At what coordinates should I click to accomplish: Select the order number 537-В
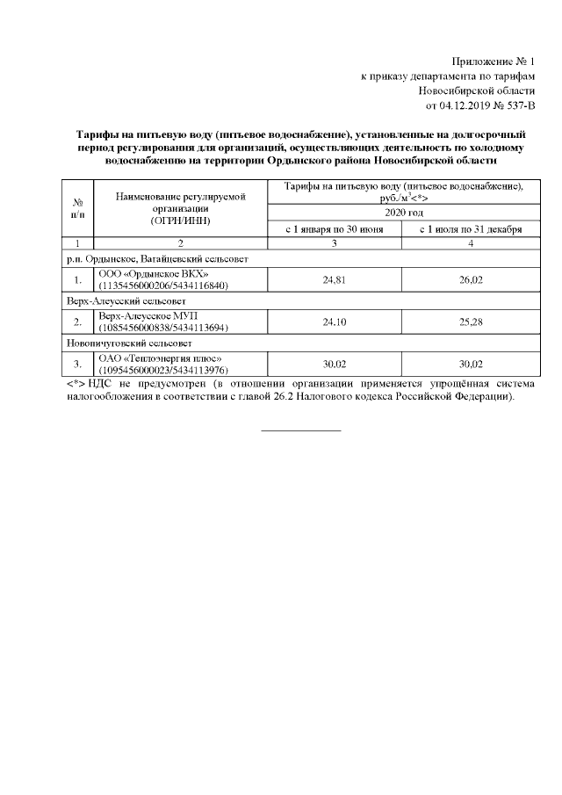[515, 106]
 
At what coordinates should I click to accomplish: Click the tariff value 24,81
[334, 280]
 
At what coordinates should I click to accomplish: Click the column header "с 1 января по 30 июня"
[334, 229]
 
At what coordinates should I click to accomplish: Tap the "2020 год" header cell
[400, 213]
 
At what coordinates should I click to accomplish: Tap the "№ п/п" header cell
[77, 207]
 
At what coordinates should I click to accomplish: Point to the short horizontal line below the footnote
[301, 430]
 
